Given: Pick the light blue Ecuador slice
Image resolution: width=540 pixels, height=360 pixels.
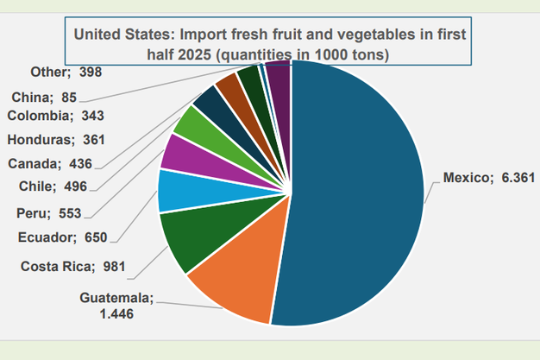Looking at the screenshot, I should tap(176, 191).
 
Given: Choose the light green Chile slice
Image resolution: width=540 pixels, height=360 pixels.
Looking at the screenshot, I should tap(190, 124).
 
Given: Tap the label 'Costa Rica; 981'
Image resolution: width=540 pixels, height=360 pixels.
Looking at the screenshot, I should tap(73, 265).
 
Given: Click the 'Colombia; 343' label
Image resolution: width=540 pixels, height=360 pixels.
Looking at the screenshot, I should tap(54, 115).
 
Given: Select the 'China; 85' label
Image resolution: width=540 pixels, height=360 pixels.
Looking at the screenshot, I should tap(47, 96).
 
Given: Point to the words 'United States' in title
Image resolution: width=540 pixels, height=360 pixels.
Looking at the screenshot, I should tap(117, 35).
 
